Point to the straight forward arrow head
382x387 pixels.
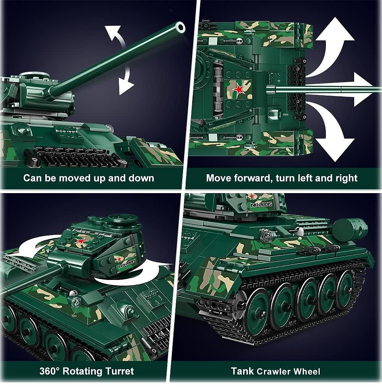point(363,89)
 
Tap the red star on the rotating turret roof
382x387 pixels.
point(80,242)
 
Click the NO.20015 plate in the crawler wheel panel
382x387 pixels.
point(261,204)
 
